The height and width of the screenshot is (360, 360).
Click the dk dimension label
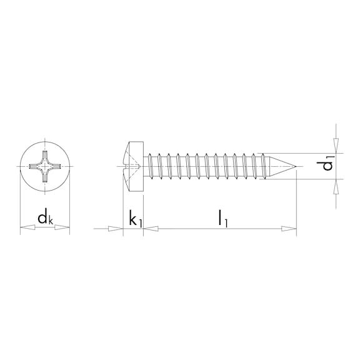point(44,218)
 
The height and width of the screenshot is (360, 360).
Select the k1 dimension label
point(134,219)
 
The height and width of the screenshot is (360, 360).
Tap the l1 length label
point(221,218)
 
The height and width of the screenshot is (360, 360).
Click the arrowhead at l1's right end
point(290,229)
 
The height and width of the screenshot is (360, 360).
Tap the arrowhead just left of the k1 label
point(117,229)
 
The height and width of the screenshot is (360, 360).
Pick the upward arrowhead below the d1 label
point(336,186)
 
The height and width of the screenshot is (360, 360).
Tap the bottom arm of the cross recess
point(45,179)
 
